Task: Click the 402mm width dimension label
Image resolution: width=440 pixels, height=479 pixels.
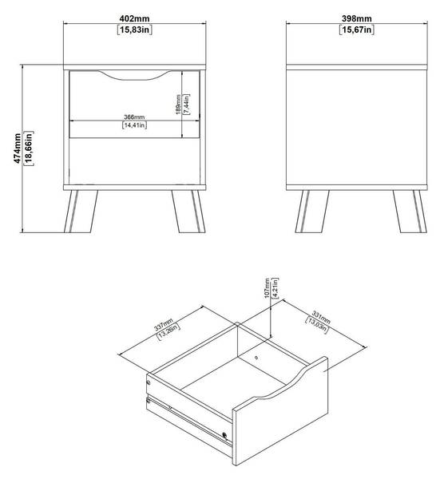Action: [134, 18]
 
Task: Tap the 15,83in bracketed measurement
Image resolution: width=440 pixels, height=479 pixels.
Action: [134, 30]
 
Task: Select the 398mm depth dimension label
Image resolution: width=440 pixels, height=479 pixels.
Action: [357, 18]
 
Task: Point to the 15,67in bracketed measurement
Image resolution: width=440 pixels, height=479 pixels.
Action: [357, 30]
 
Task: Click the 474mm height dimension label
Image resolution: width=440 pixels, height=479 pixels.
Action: [18, 148]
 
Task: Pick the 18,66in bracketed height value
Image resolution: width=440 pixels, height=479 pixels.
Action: [29, 148]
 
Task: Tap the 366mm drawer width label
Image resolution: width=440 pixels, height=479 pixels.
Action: [134, 117]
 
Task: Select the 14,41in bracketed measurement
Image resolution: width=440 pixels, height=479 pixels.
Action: [134, 125]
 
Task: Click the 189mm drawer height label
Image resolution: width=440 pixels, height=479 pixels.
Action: [178, 105]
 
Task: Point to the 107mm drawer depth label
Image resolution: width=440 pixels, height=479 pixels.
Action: [267, 288]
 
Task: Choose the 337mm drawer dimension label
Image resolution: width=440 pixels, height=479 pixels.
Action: [164, 324]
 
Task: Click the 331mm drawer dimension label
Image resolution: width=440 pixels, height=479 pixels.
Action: [321, 317]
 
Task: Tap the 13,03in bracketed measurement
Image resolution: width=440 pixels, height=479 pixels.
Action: [317, 325]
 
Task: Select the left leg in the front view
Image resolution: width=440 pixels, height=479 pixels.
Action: [81, 212]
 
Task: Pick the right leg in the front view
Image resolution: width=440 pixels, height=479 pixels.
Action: [188, 212]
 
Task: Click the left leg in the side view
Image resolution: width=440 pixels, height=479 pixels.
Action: [312, 212]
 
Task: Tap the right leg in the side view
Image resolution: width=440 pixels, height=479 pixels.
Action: [410, 212]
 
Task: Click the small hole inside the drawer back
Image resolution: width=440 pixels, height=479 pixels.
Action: [256, 358]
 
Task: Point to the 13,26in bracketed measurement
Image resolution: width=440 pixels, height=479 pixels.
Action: [168, 331]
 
